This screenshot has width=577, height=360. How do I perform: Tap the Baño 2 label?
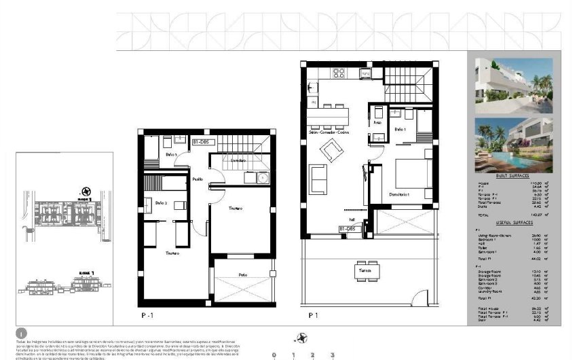coord(162,203)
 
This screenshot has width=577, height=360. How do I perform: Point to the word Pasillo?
coord(197,179)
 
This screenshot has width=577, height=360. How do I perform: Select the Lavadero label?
coord(237,160)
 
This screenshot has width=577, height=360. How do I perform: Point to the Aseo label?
coord(377,124)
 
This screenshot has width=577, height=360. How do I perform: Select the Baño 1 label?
coord(400,129)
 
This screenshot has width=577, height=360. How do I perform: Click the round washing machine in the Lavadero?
coord(261,177)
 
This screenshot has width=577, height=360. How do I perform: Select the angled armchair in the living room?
coord(331,149)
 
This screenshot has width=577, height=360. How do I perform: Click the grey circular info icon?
coord(21,333)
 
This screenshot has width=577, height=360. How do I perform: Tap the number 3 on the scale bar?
coord(332,355)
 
